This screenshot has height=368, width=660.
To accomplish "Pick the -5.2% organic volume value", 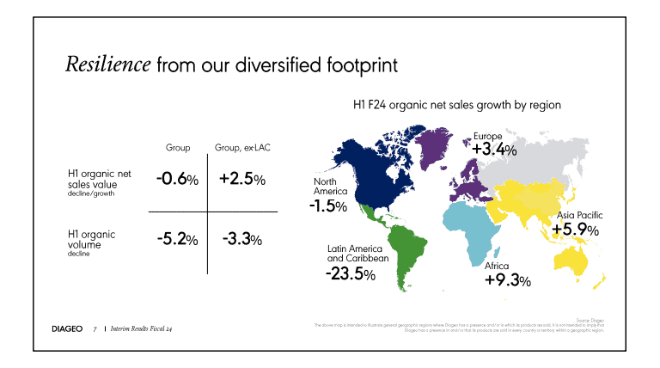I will point(177,239).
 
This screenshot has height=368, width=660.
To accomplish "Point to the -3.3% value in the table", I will point(242,239).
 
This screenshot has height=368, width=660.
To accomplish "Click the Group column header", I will point(178,149).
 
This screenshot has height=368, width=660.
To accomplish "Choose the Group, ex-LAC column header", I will point(242,149).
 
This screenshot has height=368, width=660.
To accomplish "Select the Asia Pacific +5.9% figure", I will point(575,230).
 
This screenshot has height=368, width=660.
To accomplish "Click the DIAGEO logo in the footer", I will point(67,328).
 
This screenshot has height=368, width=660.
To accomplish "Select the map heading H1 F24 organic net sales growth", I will point(457,105).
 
